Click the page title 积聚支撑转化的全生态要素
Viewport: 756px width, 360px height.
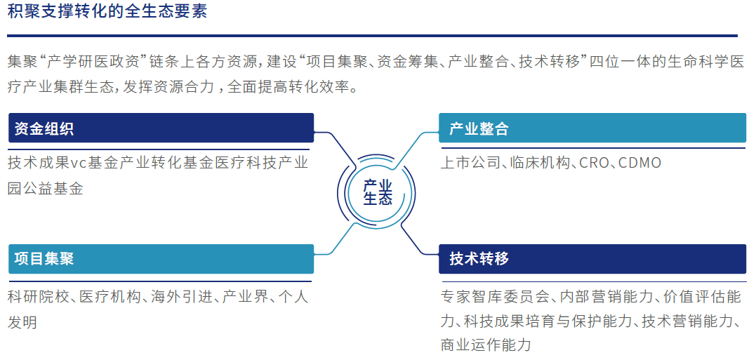(x=107, y=13)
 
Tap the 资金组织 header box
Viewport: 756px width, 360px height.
(x=161, y=128)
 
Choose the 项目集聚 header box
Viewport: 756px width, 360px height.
(x=161, y=258)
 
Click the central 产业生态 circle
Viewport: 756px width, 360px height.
(x=378, y=192)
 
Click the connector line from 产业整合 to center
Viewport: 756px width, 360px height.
(x=418, y=144)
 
